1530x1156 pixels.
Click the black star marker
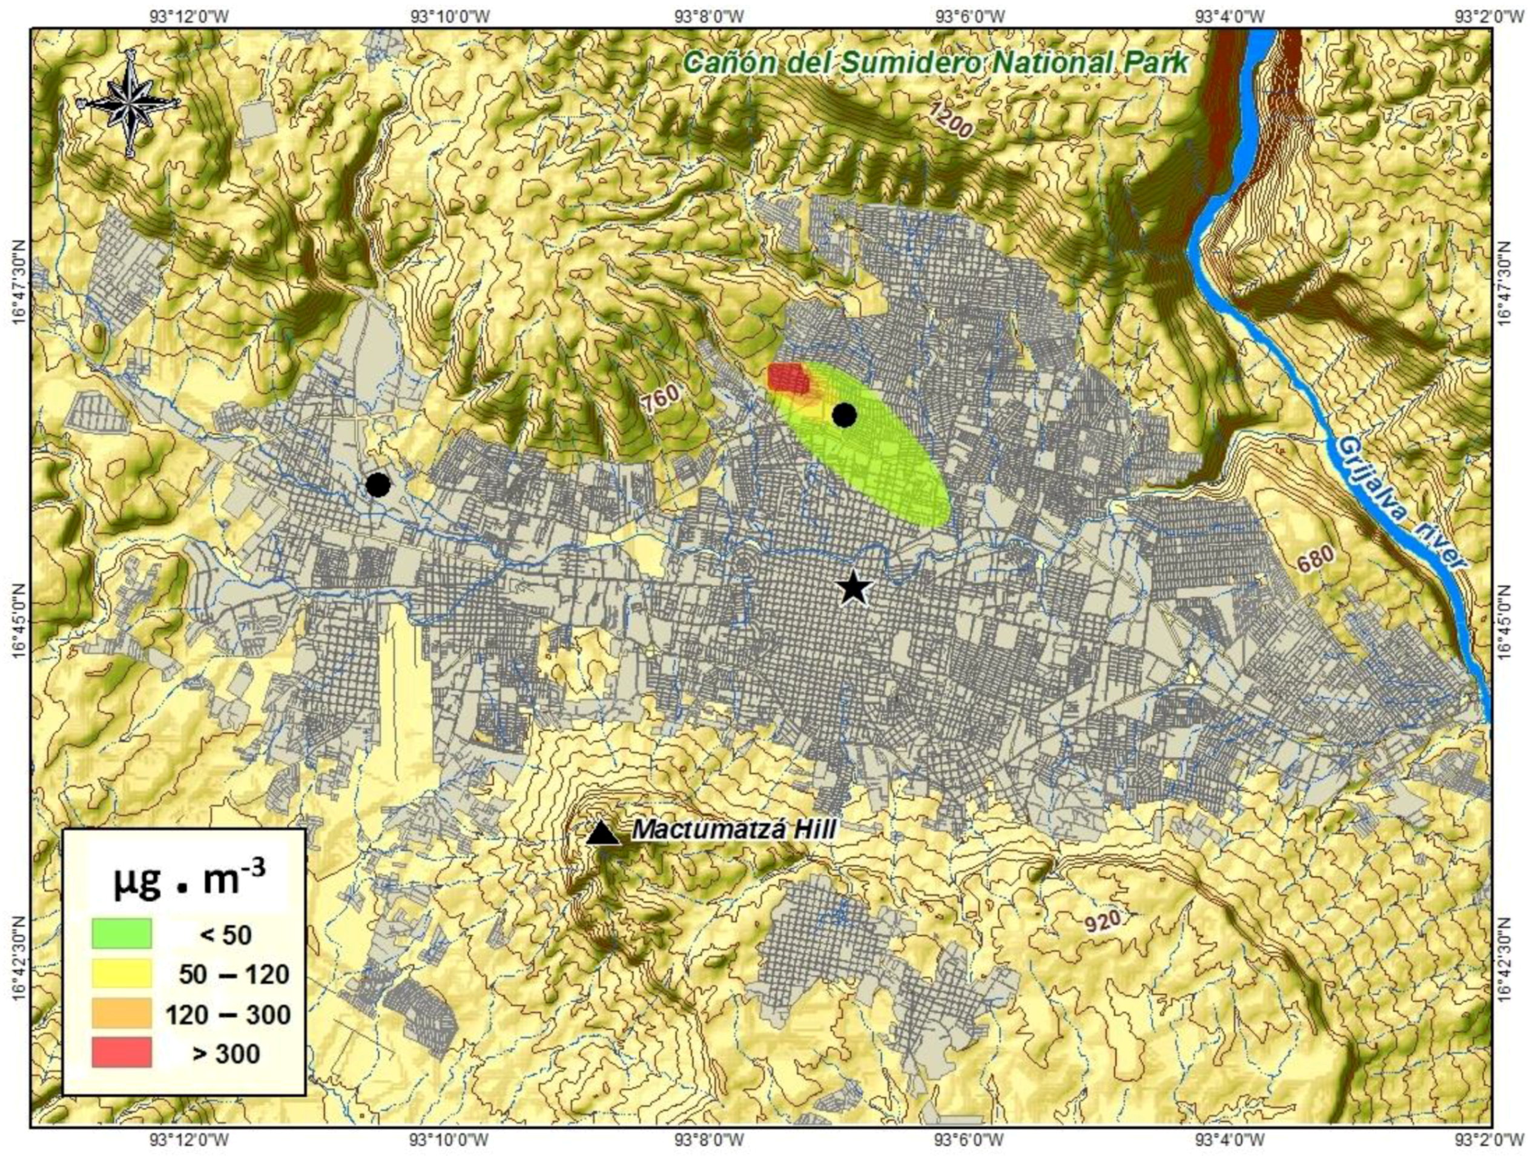(x=854, y=588)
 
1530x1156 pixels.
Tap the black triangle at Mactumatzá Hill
(x=603, y=832)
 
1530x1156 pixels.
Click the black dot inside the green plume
(x=845, y=415)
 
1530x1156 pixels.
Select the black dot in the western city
(x=378, y=485)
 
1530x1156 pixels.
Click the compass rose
(x=130, y=103)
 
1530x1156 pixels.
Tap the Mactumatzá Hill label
(x=734, y=830)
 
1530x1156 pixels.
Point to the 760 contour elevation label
(x=659, y=399)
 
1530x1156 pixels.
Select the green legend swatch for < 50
(x=121, y=933)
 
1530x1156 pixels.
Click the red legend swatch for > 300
(x=121, y=1053)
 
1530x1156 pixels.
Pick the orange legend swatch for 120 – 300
(x=121, y=1013)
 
